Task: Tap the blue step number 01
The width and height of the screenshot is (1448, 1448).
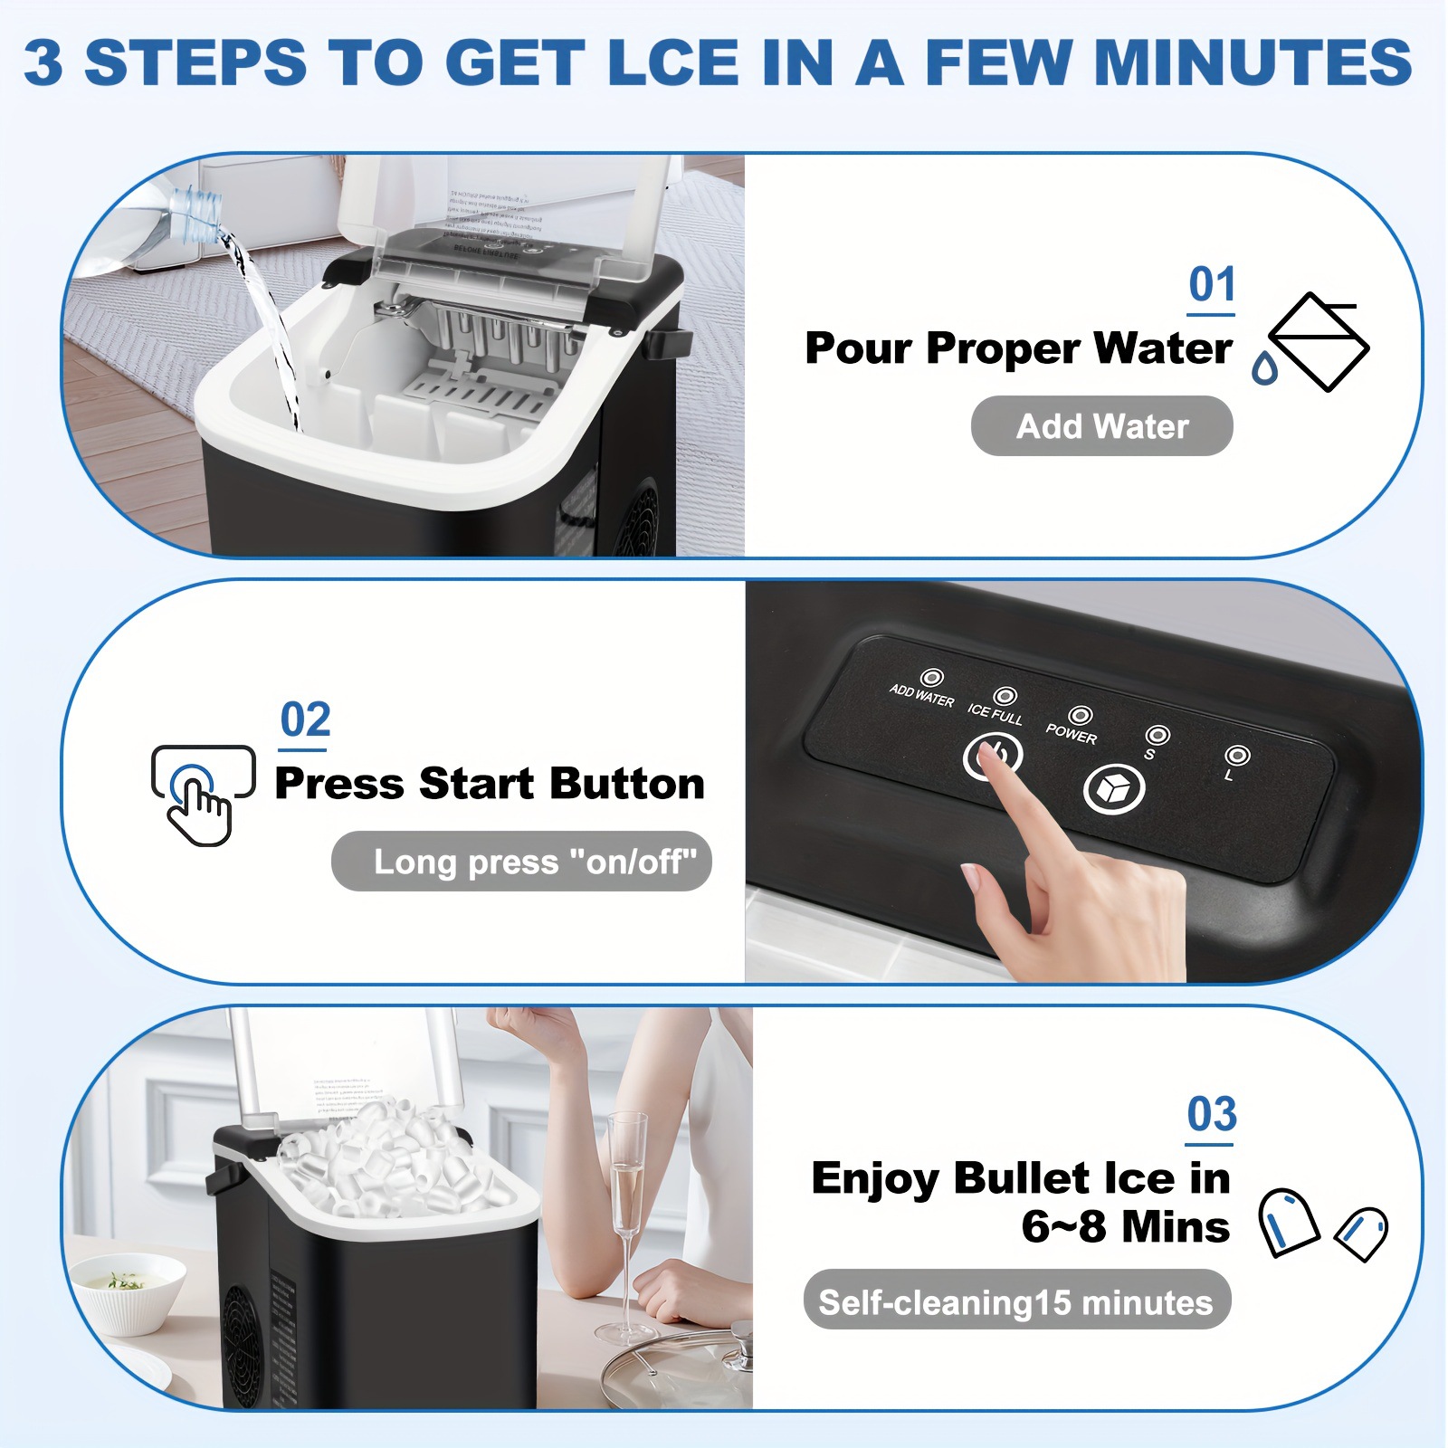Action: (x=1211, y=285)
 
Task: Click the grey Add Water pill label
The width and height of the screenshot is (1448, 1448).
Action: (x=1101, y=426)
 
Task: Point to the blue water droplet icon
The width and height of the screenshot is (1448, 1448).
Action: (x=1264, y=368)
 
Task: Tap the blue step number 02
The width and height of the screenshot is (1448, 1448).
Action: (x=305, y=720)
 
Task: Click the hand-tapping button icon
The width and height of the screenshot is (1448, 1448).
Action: (x=202, y=794)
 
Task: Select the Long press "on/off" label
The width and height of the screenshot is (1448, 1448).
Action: (x=522, y=862)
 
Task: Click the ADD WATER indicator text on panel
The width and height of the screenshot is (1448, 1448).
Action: (x=921, y=695)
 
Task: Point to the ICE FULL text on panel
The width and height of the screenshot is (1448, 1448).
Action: (x=995, y=715)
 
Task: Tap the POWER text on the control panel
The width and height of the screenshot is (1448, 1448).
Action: (x=1071, y=735)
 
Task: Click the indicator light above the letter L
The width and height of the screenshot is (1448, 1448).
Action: (x=1237, y=755)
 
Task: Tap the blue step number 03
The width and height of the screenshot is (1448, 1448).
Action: (x=1211, y=1115)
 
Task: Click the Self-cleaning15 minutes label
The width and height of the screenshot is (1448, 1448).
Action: (x=1015, y=1302)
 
